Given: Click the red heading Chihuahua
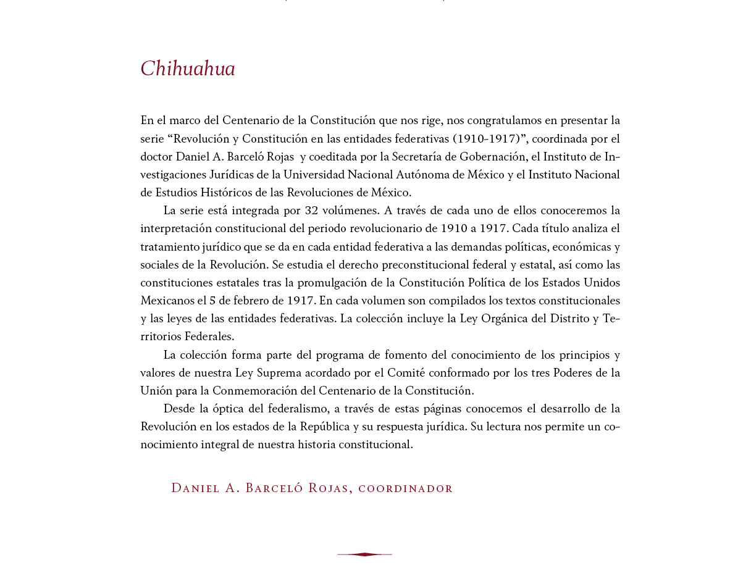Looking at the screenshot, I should coord(188,69).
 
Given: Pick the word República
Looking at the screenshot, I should coord(324,427).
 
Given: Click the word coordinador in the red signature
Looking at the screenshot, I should coord(405,488).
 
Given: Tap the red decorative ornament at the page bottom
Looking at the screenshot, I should coord(364,554).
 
